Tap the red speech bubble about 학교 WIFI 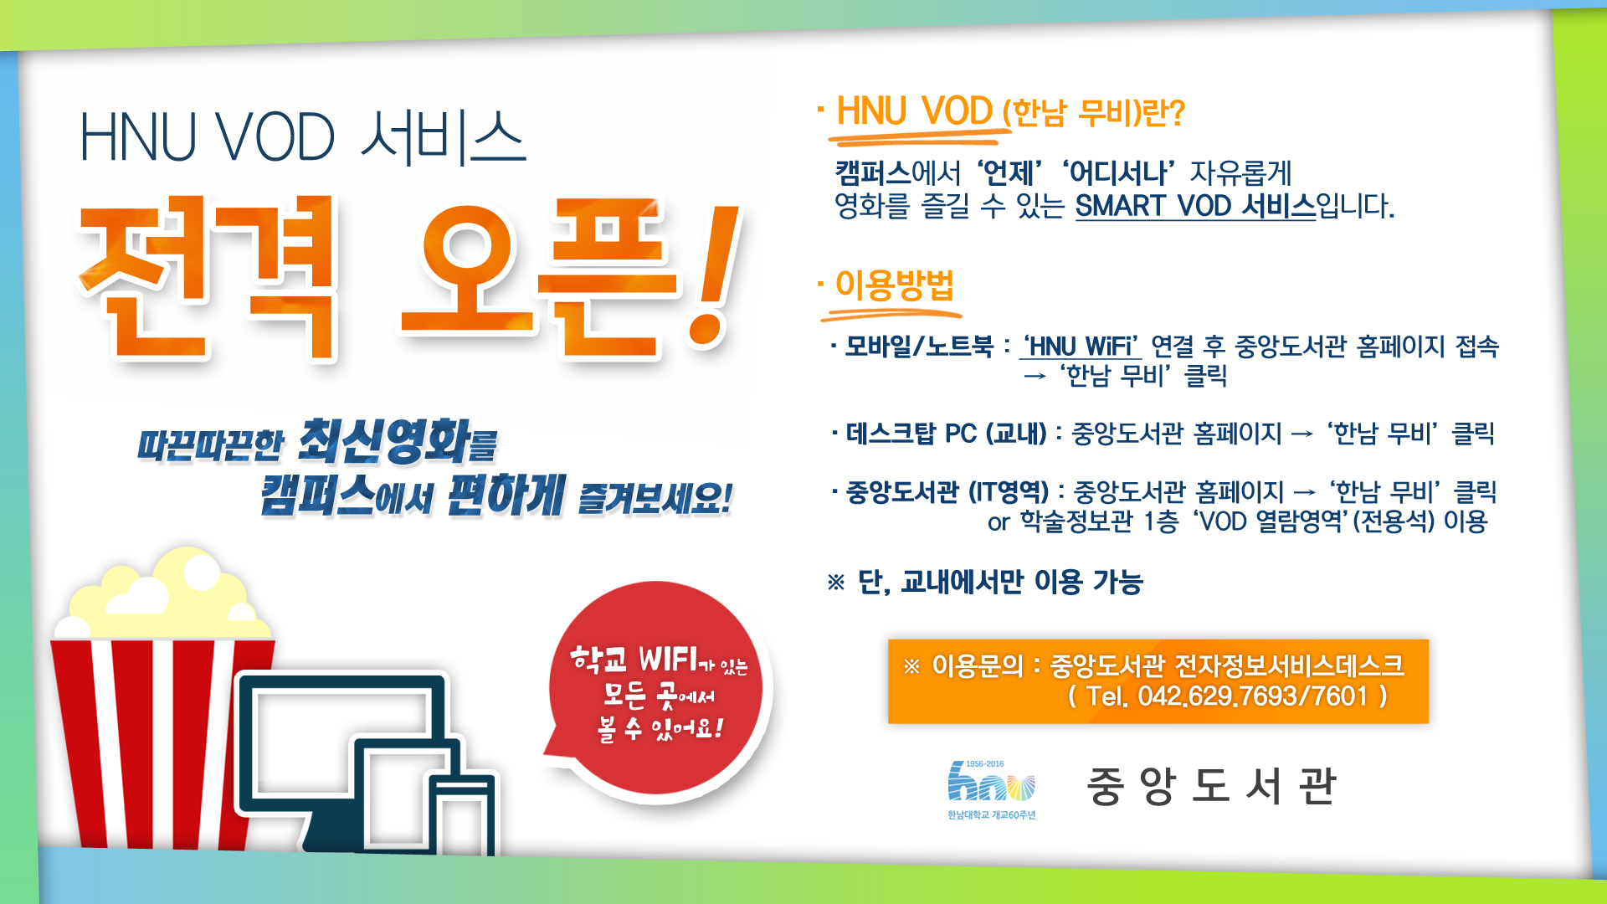point(657,691)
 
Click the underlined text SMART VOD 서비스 point(1195,206)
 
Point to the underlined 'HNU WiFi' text point(1081,346)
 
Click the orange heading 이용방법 point(894,285)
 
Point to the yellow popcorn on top point(167,594)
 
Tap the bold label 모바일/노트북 point(918,346)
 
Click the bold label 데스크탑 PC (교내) point(946,434)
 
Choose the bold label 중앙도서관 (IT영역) point(947,492)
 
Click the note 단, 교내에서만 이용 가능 point(1000,582)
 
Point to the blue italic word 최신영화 point(385,441)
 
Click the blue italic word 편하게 point(506,495)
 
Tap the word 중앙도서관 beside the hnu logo point(1211,786)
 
